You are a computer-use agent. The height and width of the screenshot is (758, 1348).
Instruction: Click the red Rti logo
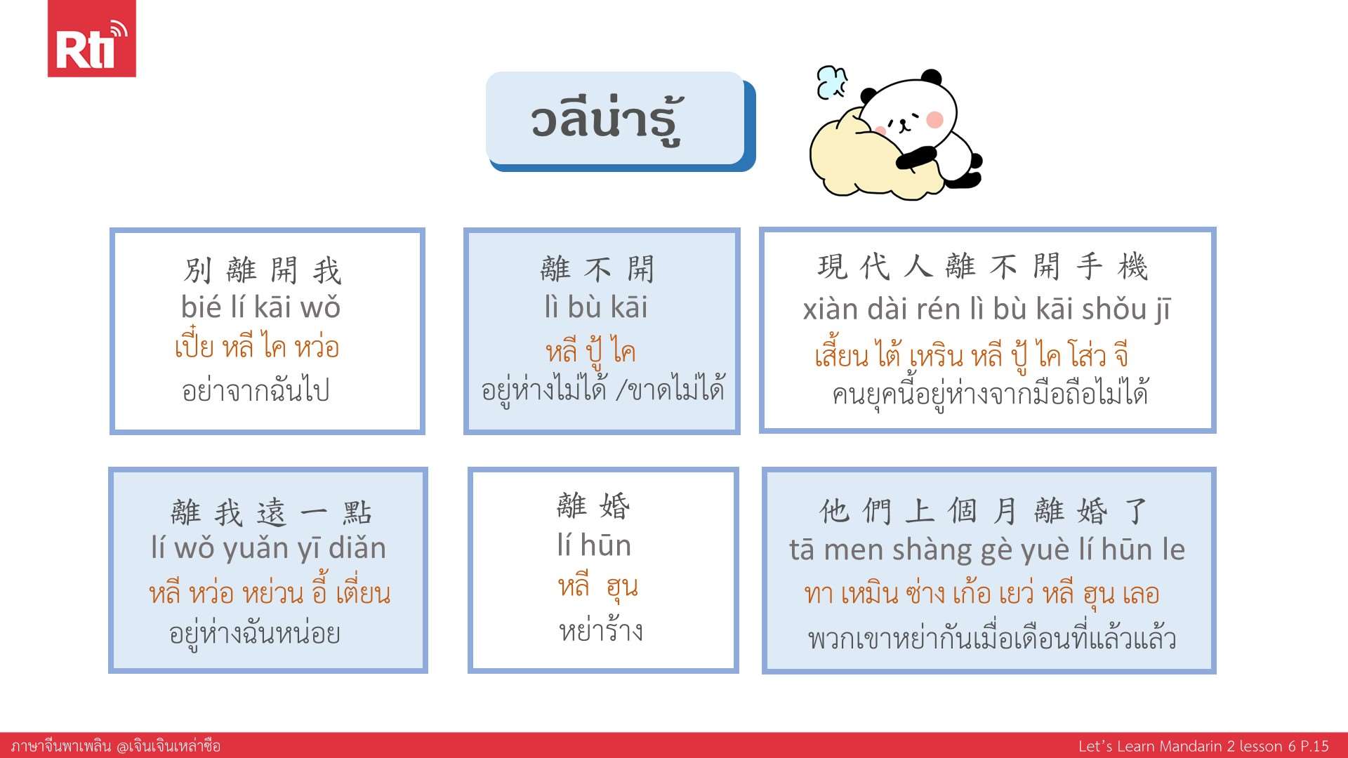pos(91,39)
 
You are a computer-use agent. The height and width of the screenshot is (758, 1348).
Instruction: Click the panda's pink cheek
pos(934,119)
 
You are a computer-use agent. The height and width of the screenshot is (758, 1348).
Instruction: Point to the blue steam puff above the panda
pos(833,82)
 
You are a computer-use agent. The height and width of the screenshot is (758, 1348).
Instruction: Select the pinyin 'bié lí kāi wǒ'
pos(260,307)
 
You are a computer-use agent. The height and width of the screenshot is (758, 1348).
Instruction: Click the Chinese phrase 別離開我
pos(263,270)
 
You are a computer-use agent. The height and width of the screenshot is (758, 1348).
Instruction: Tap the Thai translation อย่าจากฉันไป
pos(256,390)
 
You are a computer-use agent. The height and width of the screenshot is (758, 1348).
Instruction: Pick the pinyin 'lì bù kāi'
pos(596,307)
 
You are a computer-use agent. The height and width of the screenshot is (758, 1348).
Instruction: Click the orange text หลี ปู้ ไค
pos(590,351)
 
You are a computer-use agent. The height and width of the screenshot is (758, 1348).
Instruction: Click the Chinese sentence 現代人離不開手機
pos(983,267)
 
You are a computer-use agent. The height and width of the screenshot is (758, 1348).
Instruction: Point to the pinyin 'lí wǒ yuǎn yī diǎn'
pos(268,548)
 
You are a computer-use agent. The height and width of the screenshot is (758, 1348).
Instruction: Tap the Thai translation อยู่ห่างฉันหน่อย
pos(255,633)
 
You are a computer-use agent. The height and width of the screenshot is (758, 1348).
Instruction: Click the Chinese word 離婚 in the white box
pos(593,506)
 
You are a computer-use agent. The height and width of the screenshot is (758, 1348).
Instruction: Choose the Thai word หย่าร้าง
pos(601,630)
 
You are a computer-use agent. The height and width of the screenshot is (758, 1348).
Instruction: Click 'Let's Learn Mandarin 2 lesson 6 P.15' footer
pos(1203,746)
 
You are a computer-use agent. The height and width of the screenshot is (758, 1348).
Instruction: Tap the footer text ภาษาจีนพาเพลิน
pos(61,745)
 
